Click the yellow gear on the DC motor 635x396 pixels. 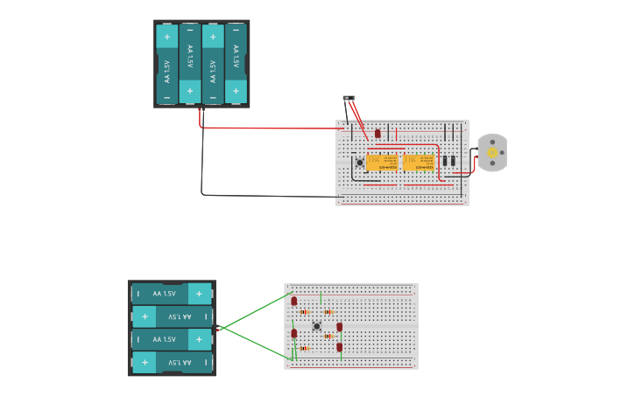tap(492, 153)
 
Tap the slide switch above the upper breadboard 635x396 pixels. tap(349, 99)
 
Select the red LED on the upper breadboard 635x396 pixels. tap(377, 134)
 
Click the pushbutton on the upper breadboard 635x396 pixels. tap(359, 163)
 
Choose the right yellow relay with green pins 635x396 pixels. tap(418, 162)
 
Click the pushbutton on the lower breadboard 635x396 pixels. tap(316, 327)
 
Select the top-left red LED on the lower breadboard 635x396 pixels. tap(293, 302)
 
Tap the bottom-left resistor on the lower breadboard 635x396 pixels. tap(304, 348)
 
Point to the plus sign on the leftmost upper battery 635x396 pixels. tap(167, 37)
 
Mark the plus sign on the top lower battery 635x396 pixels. tap(199, 294)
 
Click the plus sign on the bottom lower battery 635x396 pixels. tap(145, 361)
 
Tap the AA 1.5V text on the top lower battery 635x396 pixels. tap(164, 294)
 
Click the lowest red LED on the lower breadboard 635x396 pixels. tap(340, 347)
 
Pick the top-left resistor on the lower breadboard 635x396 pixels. tap(304, 311)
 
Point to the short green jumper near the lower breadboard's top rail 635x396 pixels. tap(321, 296)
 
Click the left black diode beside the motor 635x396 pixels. tap(445, 160)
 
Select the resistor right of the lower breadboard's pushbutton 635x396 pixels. tap(328, 336)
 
